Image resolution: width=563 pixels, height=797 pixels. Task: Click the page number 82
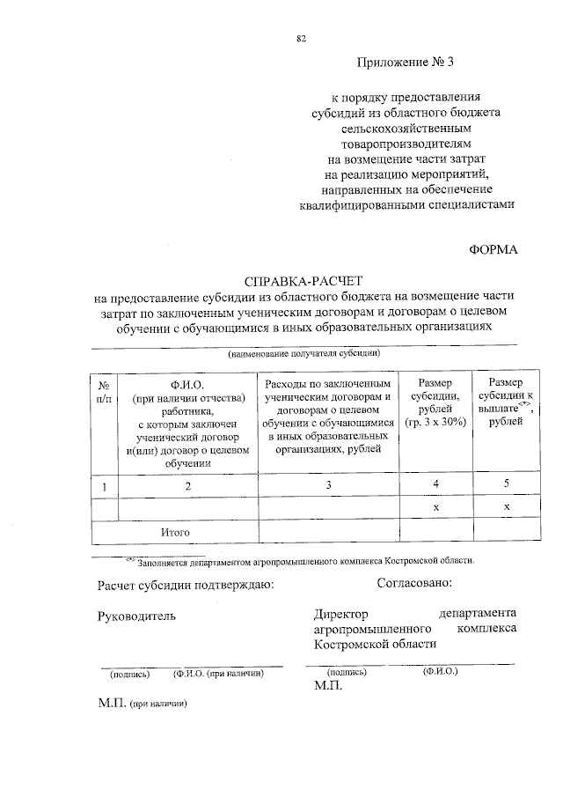tap(302, 38)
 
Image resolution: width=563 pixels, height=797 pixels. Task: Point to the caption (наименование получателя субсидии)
tap(303, 354)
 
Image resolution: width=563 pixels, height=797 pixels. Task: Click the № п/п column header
tap(104, 391)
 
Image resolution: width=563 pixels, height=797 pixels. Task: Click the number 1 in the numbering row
tap(104, 485)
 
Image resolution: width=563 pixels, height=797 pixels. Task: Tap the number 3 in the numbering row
tap(327, 485)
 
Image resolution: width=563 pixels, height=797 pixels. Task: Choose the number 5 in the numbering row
tap(506, 483)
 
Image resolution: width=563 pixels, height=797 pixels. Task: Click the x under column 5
tap(506, 508)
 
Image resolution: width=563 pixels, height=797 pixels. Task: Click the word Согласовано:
tap(414, 582)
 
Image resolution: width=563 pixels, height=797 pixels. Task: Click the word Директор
tap(340, 614)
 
